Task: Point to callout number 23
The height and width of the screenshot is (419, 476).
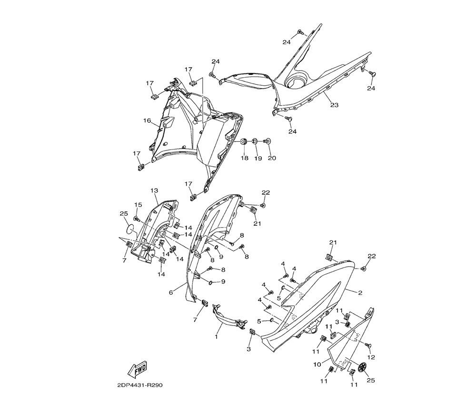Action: [x=334, y=105]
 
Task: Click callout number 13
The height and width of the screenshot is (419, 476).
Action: [x=154, y=190]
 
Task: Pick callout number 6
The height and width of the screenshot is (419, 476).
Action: [x=171, y=293]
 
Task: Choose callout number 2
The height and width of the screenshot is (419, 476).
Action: [x=360, y=292]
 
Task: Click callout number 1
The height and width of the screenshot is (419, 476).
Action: [x=216, y=337]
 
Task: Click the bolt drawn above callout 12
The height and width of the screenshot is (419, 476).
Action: [x=367, y=345]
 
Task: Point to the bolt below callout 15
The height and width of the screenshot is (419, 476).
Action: [x=137, y=219]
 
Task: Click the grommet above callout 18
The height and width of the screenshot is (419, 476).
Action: [x=244, y=141]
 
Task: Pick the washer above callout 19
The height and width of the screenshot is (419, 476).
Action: [x=256, y=141]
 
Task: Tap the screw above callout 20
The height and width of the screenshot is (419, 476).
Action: [x=268, y=141]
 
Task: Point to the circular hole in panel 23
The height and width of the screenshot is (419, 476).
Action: [x=299, y=82]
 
